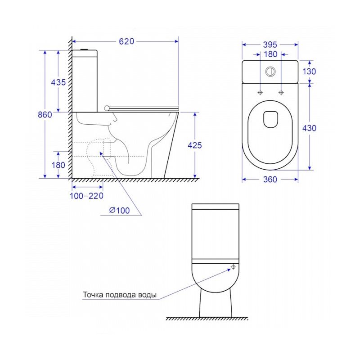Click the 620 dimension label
[126, 41]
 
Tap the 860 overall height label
[45, 115]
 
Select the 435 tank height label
[58, 82]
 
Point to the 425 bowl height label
[195, 145]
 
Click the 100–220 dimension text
[86, 196]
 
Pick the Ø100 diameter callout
[119, 210]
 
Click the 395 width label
[270, 45]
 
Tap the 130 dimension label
[309, 72]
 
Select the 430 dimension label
[309, 128]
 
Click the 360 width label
[270, 180]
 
